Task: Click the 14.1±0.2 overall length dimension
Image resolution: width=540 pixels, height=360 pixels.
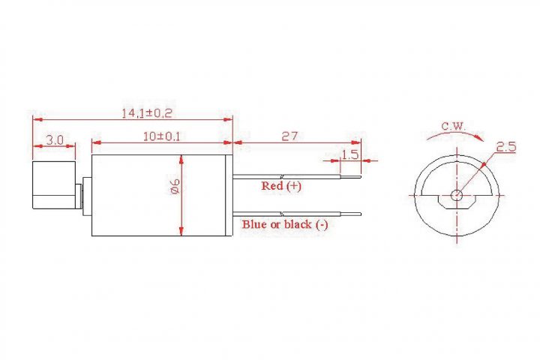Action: pos(147,113)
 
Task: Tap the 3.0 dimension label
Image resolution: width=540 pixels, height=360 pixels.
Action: pos(55,139)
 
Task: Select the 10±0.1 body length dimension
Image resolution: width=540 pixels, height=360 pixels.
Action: pos(161,136)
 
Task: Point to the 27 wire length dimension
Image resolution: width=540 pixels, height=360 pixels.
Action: pos(289,136)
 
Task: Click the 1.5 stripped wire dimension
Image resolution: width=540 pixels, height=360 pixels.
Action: pos(350,154)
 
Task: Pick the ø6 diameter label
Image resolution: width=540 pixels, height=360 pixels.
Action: pos(175,186)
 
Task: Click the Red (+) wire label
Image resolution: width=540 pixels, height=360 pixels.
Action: pos(281,186)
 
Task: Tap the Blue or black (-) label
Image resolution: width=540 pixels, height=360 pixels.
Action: pos(285,224)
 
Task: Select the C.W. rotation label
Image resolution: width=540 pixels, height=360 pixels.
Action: pos(453,126)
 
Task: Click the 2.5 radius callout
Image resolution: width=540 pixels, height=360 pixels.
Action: pos(506,147)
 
